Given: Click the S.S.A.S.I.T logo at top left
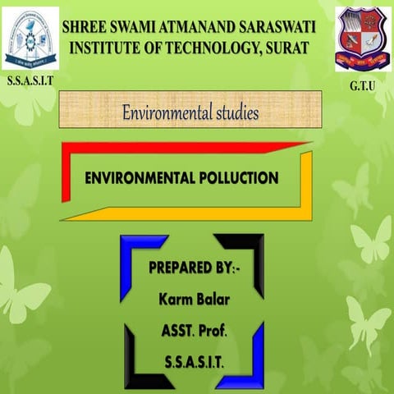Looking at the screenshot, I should point(31,39).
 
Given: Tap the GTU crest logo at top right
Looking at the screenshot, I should point(361,37).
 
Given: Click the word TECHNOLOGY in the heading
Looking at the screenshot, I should point(213,47).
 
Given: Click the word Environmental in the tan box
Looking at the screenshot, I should point(168,110).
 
